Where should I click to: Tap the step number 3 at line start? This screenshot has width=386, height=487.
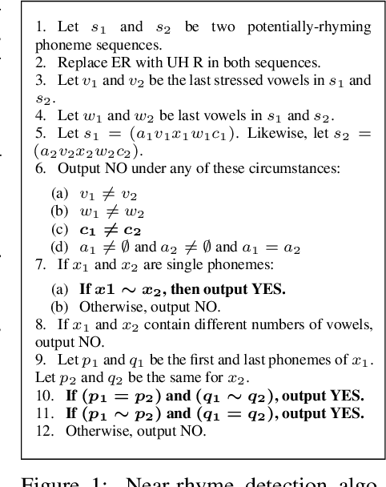(40, 81)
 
